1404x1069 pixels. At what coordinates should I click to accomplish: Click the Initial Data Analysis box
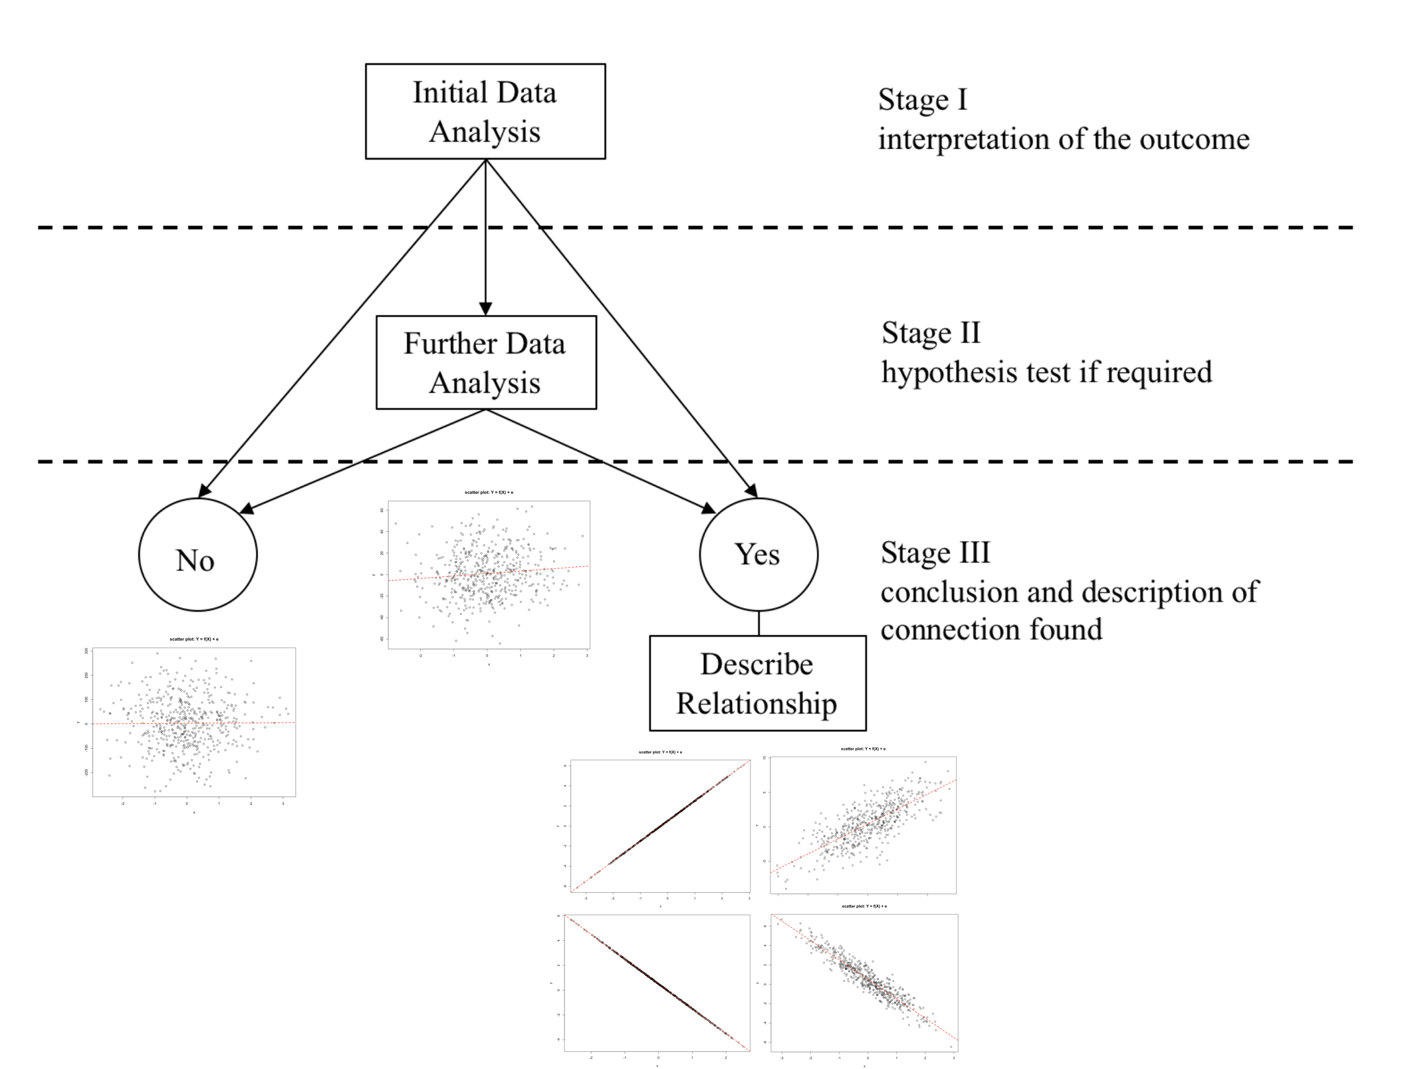click(485, 112)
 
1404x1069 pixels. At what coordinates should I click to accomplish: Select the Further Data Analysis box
click(486, 362)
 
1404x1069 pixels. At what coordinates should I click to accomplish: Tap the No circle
click(197, 555)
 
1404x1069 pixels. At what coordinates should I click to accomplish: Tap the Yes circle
click(759, 554)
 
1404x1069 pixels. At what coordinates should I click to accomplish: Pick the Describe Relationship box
click(757, 683)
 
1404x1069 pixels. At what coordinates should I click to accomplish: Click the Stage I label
click(923, 100)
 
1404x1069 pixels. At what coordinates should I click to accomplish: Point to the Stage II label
click(931, 333)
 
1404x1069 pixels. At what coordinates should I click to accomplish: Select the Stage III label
click(935, 553)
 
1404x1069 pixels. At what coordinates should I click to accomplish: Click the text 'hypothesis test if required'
click(1046, 372)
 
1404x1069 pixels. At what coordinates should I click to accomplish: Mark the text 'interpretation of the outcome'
click(1064, 140)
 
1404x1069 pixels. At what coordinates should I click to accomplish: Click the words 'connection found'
click(991, 630)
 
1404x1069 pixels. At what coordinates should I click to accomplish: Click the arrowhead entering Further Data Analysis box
click(485, 308)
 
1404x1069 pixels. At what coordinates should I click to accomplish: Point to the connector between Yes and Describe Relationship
click(759, 624)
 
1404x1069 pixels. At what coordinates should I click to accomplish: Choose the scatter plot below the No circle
click(193, 722)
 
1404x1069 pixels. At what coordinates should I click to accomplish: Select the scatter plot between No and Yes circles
click(489, 575)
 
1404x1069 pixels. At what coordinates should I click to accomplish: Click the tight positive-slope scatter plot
click(660, 826)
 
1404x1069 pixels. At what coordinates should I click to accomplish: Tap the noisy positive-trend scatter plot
click(863, 825)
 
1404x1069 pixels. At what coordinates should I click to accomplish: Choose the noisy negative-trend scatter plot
click(864, 983)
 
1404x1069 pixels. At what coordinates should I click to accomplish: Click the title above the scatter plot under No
click(193, 640)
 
